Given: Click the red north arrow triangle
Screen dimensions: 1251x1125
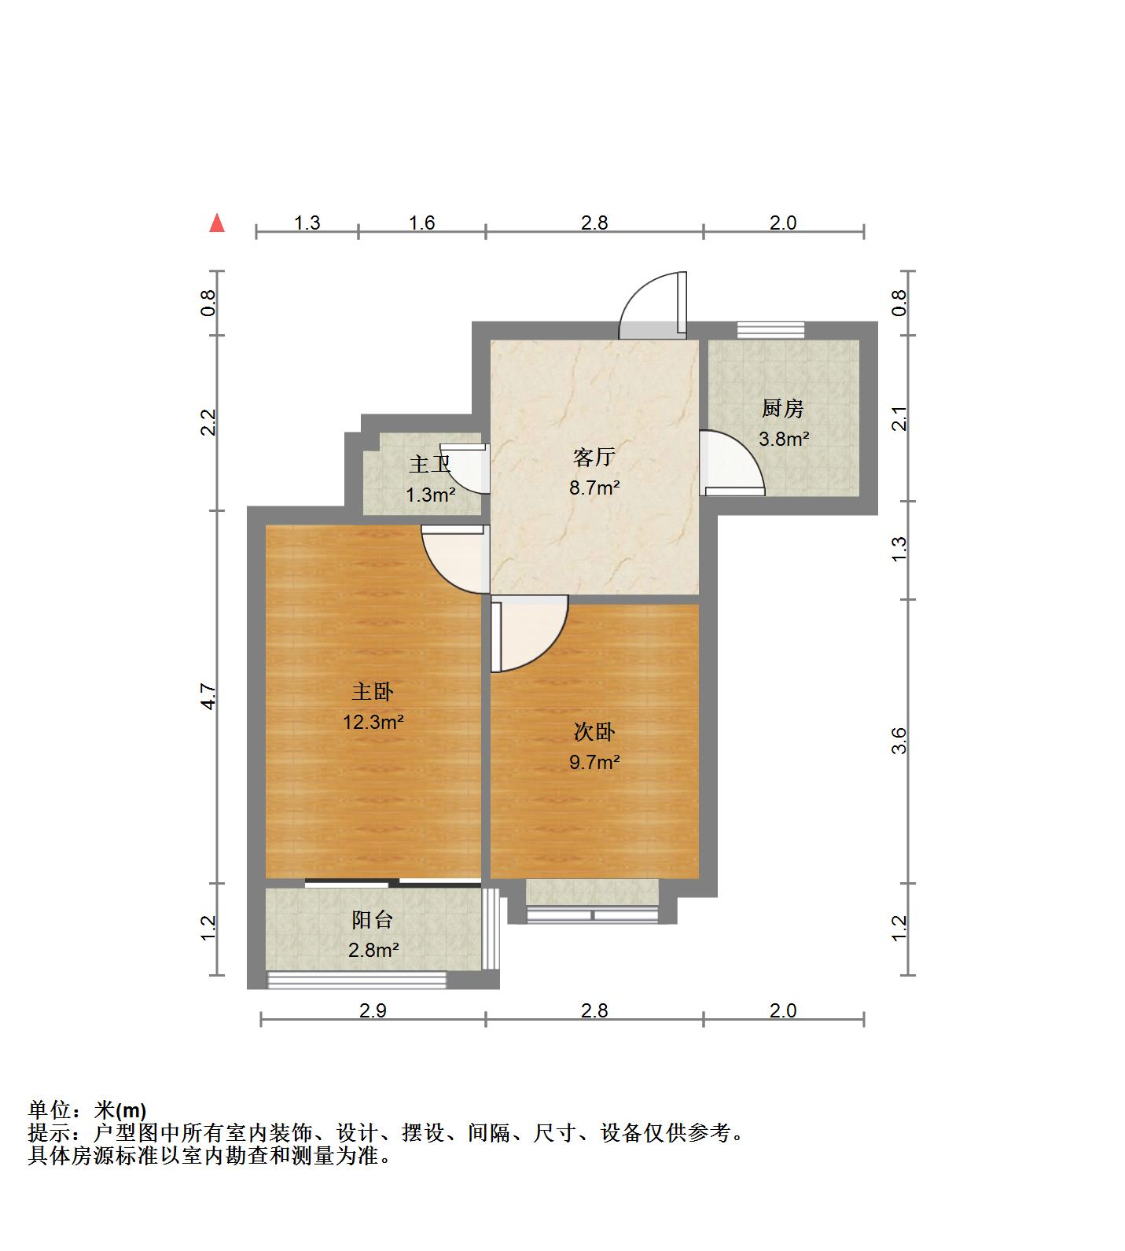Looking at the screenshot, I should click(x=217, y=223).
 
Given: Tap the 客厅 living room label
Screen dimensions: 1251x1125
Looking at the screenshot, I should click(x=594, y=457).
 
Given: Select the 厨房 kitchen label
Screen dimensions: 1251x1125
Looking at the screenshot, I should click(x=782, y=409).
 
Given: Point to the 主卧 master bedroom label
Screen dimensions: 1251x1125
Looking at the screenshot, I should click(x=372, y=692).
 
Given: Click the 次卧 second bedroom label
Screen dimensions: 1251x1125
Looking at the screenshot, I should click(x=594, y=732).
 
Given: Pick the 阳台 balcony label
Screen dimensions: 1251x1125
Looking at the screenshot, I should click(x=372, y=920).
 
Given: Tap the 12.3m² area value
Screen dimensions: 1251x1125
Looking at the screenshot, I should click(x=373, y=721).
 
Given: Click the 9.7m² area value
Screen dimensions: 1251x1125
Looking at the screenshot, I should click(x=594, y=761).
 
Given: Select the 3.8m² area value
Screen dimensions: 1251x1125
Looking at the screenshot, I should click(x=783, y=439).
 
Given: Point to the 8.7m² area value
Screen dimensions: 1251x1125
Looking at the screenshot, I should click(x=594, y=488).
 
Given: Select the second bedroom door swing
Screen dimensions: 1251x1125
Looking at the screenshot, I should click(x=525, y=633).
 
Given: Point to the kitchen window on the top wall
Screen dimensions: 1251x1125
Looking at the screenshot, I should click(x=770, y=329).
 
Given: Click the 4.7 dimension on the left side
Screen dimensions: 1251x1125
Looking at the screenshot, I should click(x=208, y=697).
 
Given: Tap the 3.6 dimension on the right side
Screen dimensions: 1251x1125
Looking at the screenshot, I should click(x=900, y=741).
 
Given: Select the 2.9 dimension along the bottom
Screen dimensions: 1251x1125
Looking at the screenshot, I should click(x=373, y=1010).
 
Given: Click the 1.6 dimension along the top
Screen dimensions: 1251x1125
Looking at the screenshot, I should click(x=422, y=223).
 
